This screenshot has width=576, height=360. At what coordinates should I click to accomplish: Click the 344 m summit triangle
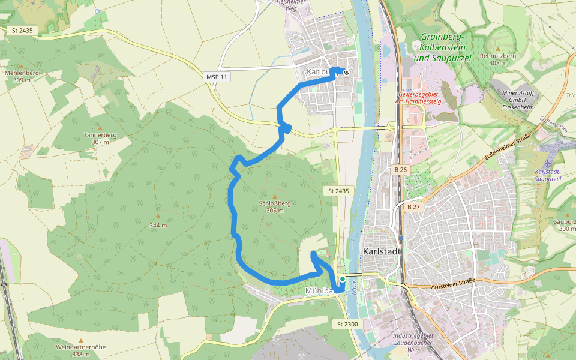(x=158, y=216)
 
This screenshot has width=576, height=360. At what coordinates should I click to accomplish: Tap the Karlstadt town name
(x=382, y=251)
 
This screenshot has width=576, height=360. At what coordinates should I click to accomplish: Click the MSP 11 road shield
(x=217, y=77)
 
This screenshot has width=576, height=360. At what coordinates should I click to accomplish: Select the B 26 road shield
(x=401, y=170)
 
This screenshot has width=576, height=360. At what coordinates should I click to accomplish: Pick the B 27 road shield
(x=413, y=207)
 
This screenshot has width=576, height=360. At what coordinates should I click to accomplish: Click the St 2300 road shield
(x=347, y=324)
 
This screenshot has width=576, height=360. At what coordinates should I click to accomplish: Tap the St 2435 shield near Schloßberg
(x=338, y=191)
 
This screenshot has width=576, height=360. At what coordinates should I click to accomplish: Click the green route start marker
(x=342, y=279)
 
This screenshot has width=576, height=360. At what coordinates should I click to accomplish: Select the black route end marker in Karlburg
(x=346, y=73)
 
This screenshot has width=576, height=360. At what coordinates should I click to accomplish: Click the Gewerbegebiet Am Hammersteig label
(x=418, y=98)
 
